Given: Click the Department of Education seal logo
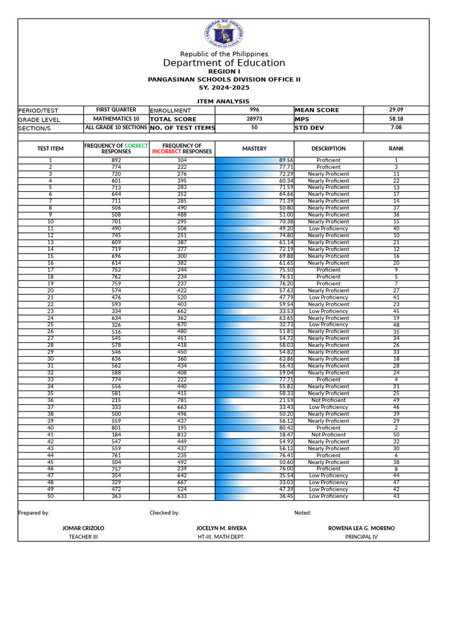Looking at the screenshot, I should pyautogui.click(x=224, y=35).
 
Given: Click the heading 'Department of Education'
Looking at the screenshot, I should pyautogui.click(x=224, y=63).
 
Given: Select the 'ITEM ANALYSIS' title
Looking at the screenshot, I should pyautogui.click(x=224, y=101).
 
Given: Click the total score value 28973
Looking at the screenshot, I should pyautogui.click(x=254, y=119).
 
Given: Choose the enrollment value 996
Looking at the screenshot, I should pyautogui.click(x=254, y=110).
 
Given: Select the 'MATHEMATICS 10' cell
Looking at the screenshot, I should pyautogui.click(x=116, y=119).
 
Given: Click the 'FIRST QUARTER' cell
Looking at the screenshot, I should pyautogui.click(x=116, y=110).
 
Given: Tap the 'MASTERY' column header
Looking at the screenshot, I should pyautogui.click(x=254, y=148).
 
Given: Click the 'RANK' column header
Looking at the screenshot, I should pyautogui.click(x=396, y=148).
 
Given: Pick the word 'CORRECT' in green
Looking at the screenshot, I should pyautogui.click(x=136, y=145).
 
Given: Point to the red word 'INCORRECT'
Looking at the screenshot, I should pyautogui.click(x=166, y=151).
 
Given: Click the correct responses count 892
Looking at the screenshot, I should pyautogui.click(x=116, y=160).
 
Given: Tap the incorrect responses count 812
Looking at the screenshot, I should pyautogui.click(x=182, y=435).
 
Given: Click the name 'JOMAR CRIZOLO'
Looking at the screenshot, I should pyautogui.click(x=83, y=528).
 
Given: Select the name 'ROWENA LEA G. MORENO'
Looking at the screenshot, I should pyautogui.click(x=361, y=528).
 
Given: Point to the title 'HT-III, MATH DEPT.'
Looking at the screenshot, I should pyautogui.click(x=221, y=537).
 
